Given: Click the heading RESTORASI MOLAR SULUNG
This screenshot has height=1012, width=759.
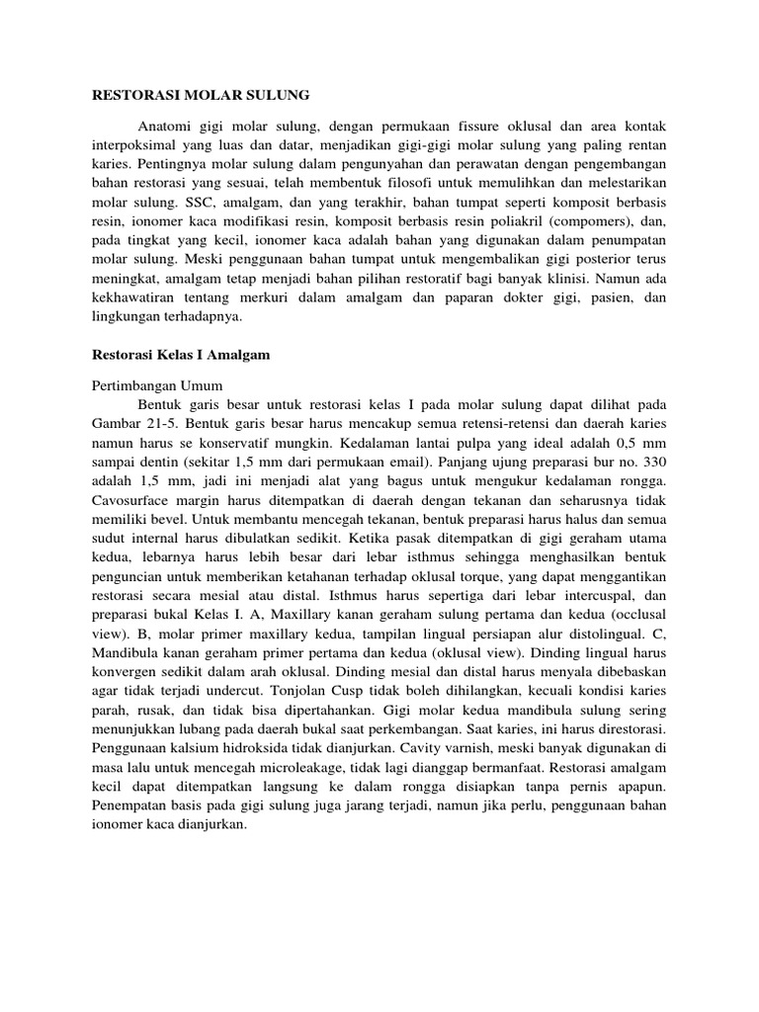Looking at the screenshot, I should pos(201,95).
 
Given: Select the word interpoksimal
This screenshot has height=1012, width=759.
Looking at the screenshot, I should pos(133,144).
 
